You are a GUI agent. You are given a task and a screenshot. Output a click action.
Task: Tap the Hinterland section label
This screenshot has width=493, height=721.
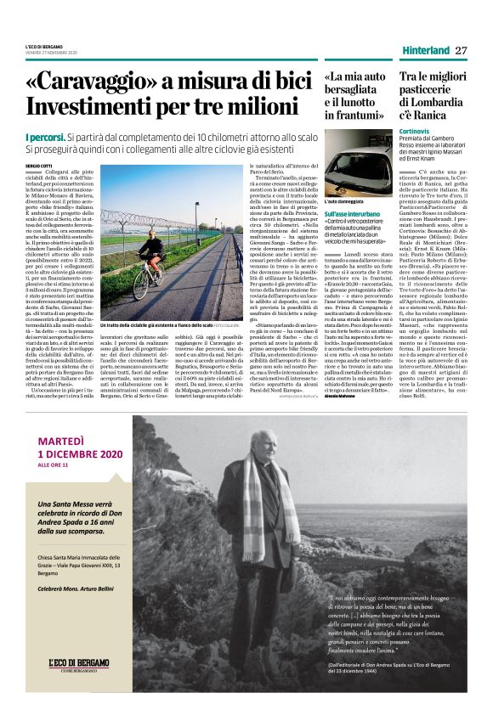[426, 50]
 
